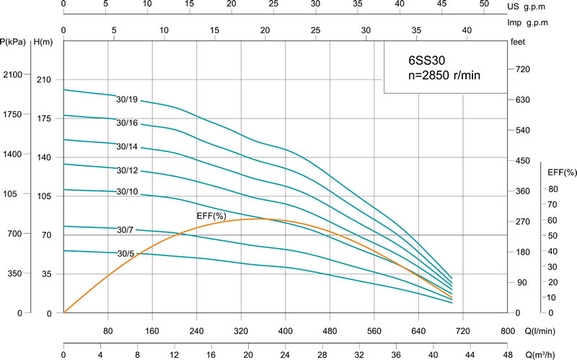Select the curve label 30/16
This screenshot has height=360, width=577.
click(x=127, y=123)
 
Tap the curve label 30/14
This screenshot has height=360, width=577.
click(x=127, y=146)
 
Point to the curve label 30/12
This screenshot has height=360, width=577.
click(x=127, y=170)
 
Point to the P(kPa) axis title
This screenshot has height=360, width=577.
click(x=14, y=42)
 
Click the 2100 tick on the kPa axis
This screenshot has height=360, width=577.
click(x=14, y=75)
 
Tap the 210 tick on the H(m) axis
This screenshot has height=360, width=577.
click(x=45, y=79)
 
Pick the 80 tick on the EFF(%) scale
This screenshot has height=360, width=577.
click(x=552, y=190)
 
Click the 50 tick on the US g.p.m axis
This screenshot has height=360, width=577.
click(x=485, y=4)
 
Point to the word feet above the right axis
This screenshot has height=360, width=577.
click(x=518, y=42)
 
